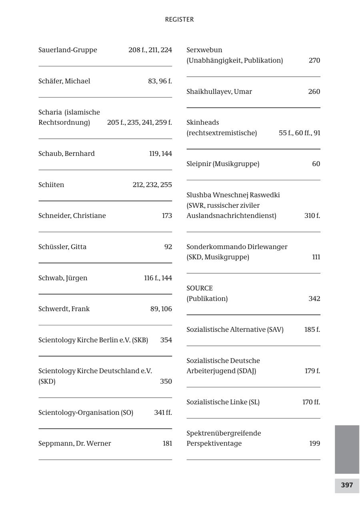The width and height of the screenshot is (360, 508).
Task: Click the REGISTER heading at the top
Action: (x=179, y=20)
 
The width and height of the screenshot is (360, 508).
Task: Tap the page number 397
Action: (x=347, y=485)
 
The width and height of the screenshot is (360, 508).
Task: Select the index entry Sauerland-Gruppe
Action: (x=68, y=50)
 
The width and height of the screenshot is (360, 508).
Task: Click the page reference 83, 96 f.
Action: (x=160, y=81)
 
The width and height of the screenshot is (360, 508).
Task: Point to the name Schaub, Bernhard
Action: (x=66, y=153)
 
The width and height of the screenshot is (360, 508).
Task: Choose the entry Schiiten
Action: (x=51, y=185)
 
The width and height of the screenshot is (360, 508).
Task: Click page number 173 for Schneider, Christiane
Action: (x=167, y=216)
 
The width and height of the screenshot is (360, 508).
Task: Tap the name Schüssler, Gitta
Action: (x=62, y=247)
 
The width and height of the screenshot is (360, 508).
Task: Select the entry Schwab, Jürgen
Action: (x=63, y=278)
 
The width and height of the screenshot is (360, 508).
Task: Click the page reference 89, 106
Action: (x=161, y=309)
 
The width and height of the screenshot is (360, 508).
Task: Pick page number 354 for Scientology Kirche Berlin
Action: (x=166, y=340)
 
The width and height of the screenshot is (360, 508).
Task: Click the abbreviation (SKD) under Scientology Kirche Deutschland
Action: (x=47, y=381)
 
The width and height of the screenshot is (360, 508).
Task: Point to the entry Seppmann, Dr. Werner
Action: (x=75, y=443)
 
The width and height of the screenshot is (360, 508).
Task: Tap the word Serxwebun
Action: (x=204, y=50)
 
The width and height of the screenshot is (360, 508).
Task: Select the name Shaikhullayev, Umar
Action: (x=219, y=92)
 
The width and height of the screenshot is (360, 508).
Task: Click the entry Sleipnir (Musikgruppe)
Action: (x=223, y=164)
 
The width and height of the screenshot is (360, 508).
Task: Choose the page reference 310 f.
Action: (x=312, y=216)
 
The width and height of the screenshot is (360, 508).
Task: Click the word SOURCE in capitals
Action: (x=200, y=288)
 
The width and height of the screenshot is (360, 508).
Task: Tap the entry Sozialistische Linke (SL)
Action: (x=223, y=402)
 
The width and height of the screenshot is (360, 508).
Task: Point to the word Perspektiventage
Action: (x=214, y=443)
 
